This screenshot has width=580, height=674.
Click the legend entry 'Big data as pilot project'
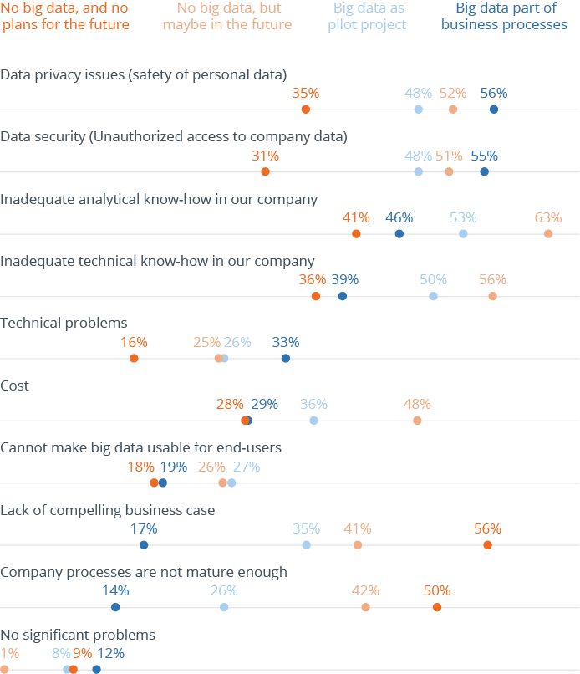(369, 16)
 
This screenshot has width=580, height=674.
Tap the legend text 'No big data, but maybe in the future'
(227, 16)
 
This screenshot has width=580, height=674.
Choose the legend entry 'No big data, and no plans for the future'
(65, 16)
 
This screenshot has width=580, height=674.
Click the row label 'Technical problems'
(64, 323)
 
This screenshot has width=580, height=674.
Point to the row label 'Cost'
(14, 386)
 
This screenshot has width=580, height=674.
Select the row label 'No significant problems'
(78, 635)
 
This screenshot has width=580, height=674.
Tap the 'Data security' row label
(173, 136)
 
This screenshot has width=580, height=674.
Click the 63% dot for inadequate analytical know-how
(548, 233)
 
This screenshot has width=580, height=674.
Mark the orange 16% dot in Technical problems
(134, 358)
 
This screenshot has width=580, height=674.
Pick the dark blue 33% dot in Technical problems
(286, 358)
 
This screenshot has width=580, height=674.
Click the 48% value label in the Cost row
(417, 404)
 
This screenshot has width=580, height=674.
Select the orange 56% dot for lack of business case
(487, 545)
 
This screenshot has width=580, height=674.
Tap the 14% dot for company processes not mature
(115, 607)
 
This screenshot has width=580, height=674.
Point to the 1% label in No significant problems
(9, 653)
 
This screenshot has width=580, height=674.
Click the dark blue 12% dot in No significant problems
(96, 669)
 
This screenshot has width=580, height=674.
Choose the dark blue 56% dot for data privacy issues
(494, 110)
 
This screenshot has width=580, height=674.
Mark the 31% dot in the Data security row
(265, 171)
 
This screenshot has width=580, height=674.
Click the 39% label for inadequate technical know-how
(345, 279)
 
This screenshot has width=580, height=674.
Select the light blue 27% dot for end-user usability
(231, 483)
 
